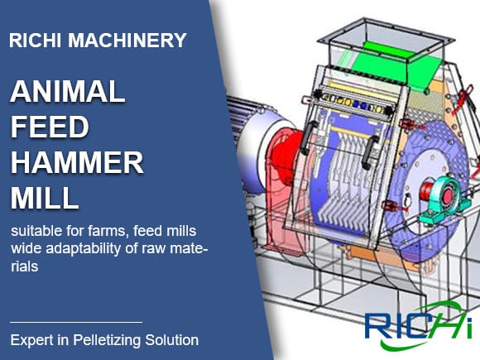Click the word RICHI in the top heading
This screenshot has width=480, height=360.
tap(35, 40)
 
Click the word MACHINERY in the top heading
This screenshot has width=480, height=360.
tap(127, 40)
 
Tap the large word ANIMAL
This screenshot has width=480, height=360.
tap(68, 91)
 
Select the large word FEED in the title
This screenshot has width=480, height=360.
tap(50, 127)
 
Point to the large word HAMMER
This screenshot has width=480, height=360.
tap(77, 162)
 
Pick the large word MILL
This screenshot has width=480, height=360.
tap(45, 198)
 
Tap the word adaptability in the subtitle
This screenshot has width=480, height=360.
tap(84, 249)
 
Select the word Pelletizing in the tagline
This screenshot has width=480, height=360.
tap(107, 340)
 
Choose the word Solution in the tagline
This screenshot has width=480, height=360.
tap(171, 340)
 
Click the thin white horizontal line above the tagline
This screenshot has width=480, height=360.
tap(76, 322)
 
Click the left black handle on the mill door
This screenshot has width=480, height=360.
tap(309, 137)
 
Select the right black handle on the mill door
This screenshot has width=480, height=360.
tap(370, 152)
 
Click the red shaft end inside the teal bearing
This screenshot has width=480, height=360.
tap(447, 196)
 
